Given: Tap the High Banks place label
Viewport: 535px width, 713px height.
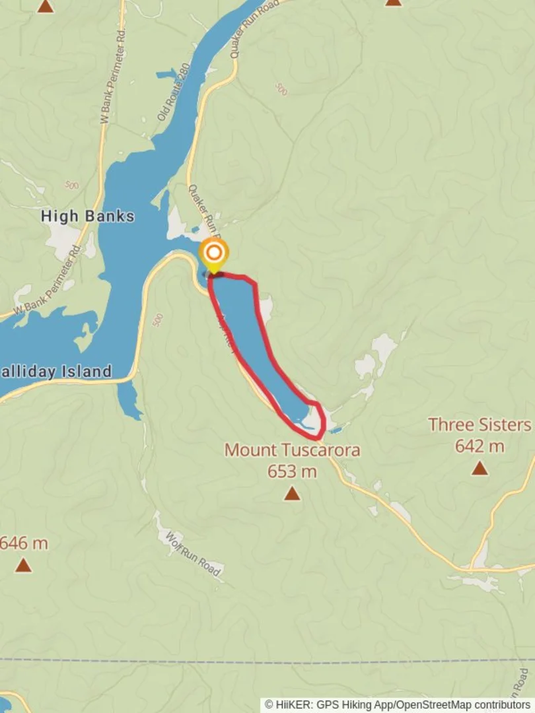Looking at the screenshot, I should [x=87, y=216].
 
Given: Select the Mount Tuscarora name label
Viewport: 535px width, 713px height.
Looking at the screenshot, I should [x=293, y=450].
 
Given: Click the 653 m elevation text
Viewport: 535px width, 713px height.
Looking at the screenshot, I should [x=292, y=471].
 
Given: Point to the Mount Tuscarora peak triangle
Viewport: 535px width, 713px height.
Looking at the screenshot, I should [x=292, y=494].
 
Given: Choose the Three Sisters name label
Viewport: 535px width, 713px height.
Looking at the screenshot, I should [x=480, y=424].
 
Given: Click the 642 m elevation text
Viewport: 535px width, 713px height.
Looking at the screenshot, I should [x=480, y=446].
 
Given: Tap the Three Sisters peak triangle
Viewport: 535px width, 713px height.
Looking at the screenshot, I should [x=480, y=469].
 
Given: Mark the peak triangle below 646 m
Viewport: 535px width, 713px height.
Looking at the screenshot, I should [x=24, y=566].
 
